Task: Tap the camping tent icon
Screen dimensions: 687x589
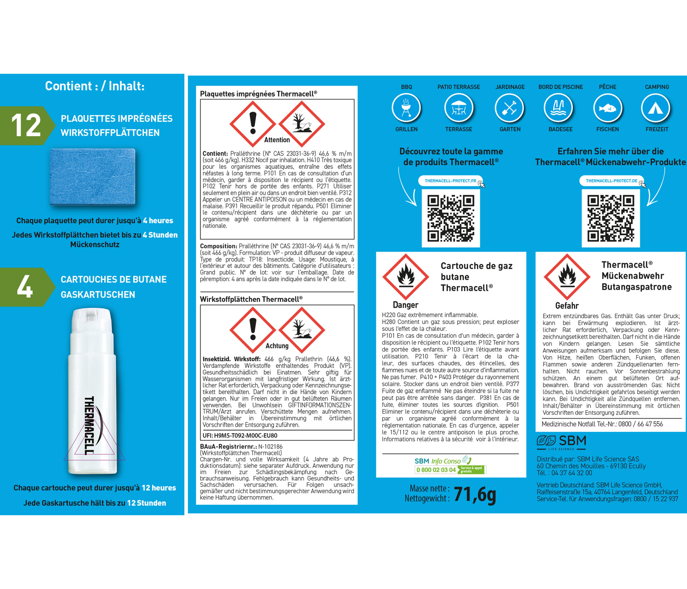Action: tap(656, 108)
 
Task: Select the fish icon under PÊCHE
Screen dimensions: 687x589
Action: tap(607, 108)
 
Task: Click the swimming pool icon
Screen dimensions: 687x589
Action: tap(558, 108)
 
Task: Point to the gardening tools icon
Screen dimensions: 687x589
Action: tap(509, 108)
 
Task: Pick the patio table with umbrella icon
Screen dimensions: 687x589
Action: tap(459, 108)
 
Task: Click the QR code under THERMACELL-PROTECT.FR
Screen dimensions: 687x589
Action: tap(451, 218)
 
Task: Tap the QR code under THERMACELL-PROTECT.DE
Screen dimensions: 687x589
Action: tap(611, 218)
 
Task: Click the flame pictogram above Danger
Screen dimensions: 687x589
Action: tap(406, 277)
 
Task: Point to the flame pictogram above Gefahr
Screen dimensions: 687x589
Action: tap(567, 277)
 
